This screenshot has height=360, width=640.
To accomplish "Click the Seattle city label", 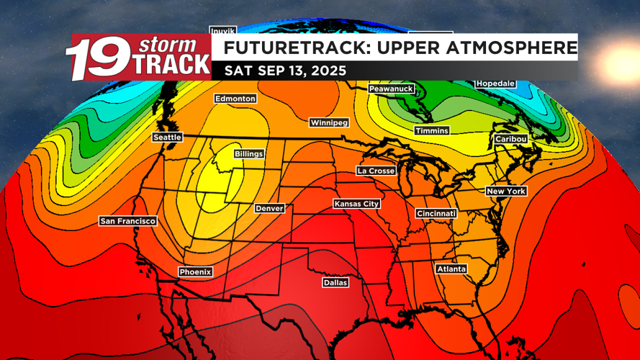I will click(167, 137).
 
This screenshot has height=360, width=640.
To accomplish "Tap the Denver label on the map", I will click(270, 208).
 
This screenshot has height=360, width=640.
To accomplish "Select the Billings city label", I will click(249, 154).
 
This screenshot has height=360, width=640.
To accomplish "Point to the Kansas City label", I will click(356, 204).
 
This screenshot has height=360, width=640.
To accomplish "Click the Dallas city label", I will click(335, 283).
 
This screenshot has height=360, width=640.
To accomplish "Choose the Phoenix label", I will click(195, 271).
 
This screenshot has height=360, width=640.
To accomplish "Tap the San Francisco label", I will click(127, 221).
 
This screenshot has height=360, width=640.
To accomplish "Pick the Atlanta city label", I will click(451, 269).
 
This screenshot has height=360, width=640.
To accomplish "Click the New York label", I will click(506, 191).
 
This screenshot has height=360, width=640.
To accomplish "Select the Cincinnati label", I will click(436, 214).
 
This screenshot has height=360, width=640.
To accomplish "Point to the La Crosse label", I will click(376, 171).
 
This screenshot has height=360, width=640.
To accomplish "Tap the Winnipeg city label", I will click(329, 122).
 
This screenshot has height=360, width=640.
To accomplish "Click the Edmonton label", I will click(235, 99).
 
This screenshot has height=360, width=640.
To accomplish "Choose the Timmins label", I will click(432, 130).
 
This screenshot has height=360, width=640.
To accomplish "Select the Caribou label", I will click(511, 138).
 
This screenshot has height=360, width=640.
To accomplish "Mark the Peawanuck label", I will click(391, 88).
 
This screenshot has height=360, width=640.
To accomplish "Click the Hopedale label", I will click(495, 84).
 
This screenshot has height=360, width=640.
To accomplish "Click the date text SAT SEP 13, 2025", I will click(285, 71).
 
